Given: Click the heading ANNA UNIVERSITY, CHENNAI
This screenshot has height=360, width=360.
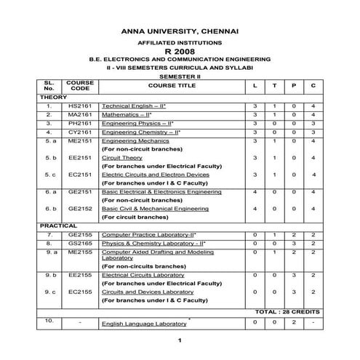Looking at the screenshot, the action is click(x=179, y=33).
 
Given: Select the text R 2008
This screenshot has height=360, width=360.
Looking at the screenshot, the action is click(x=179, y=52).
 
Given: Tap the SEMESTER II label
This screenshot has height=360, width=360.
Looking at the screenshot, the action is click(x=180, y=75).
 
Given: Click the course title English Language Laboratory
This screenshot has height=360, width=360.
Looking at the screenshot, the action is click(x=145, y=323).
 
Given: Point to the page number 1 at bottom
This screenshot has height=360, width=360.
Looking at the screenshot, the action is click(x=179, y=341).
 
